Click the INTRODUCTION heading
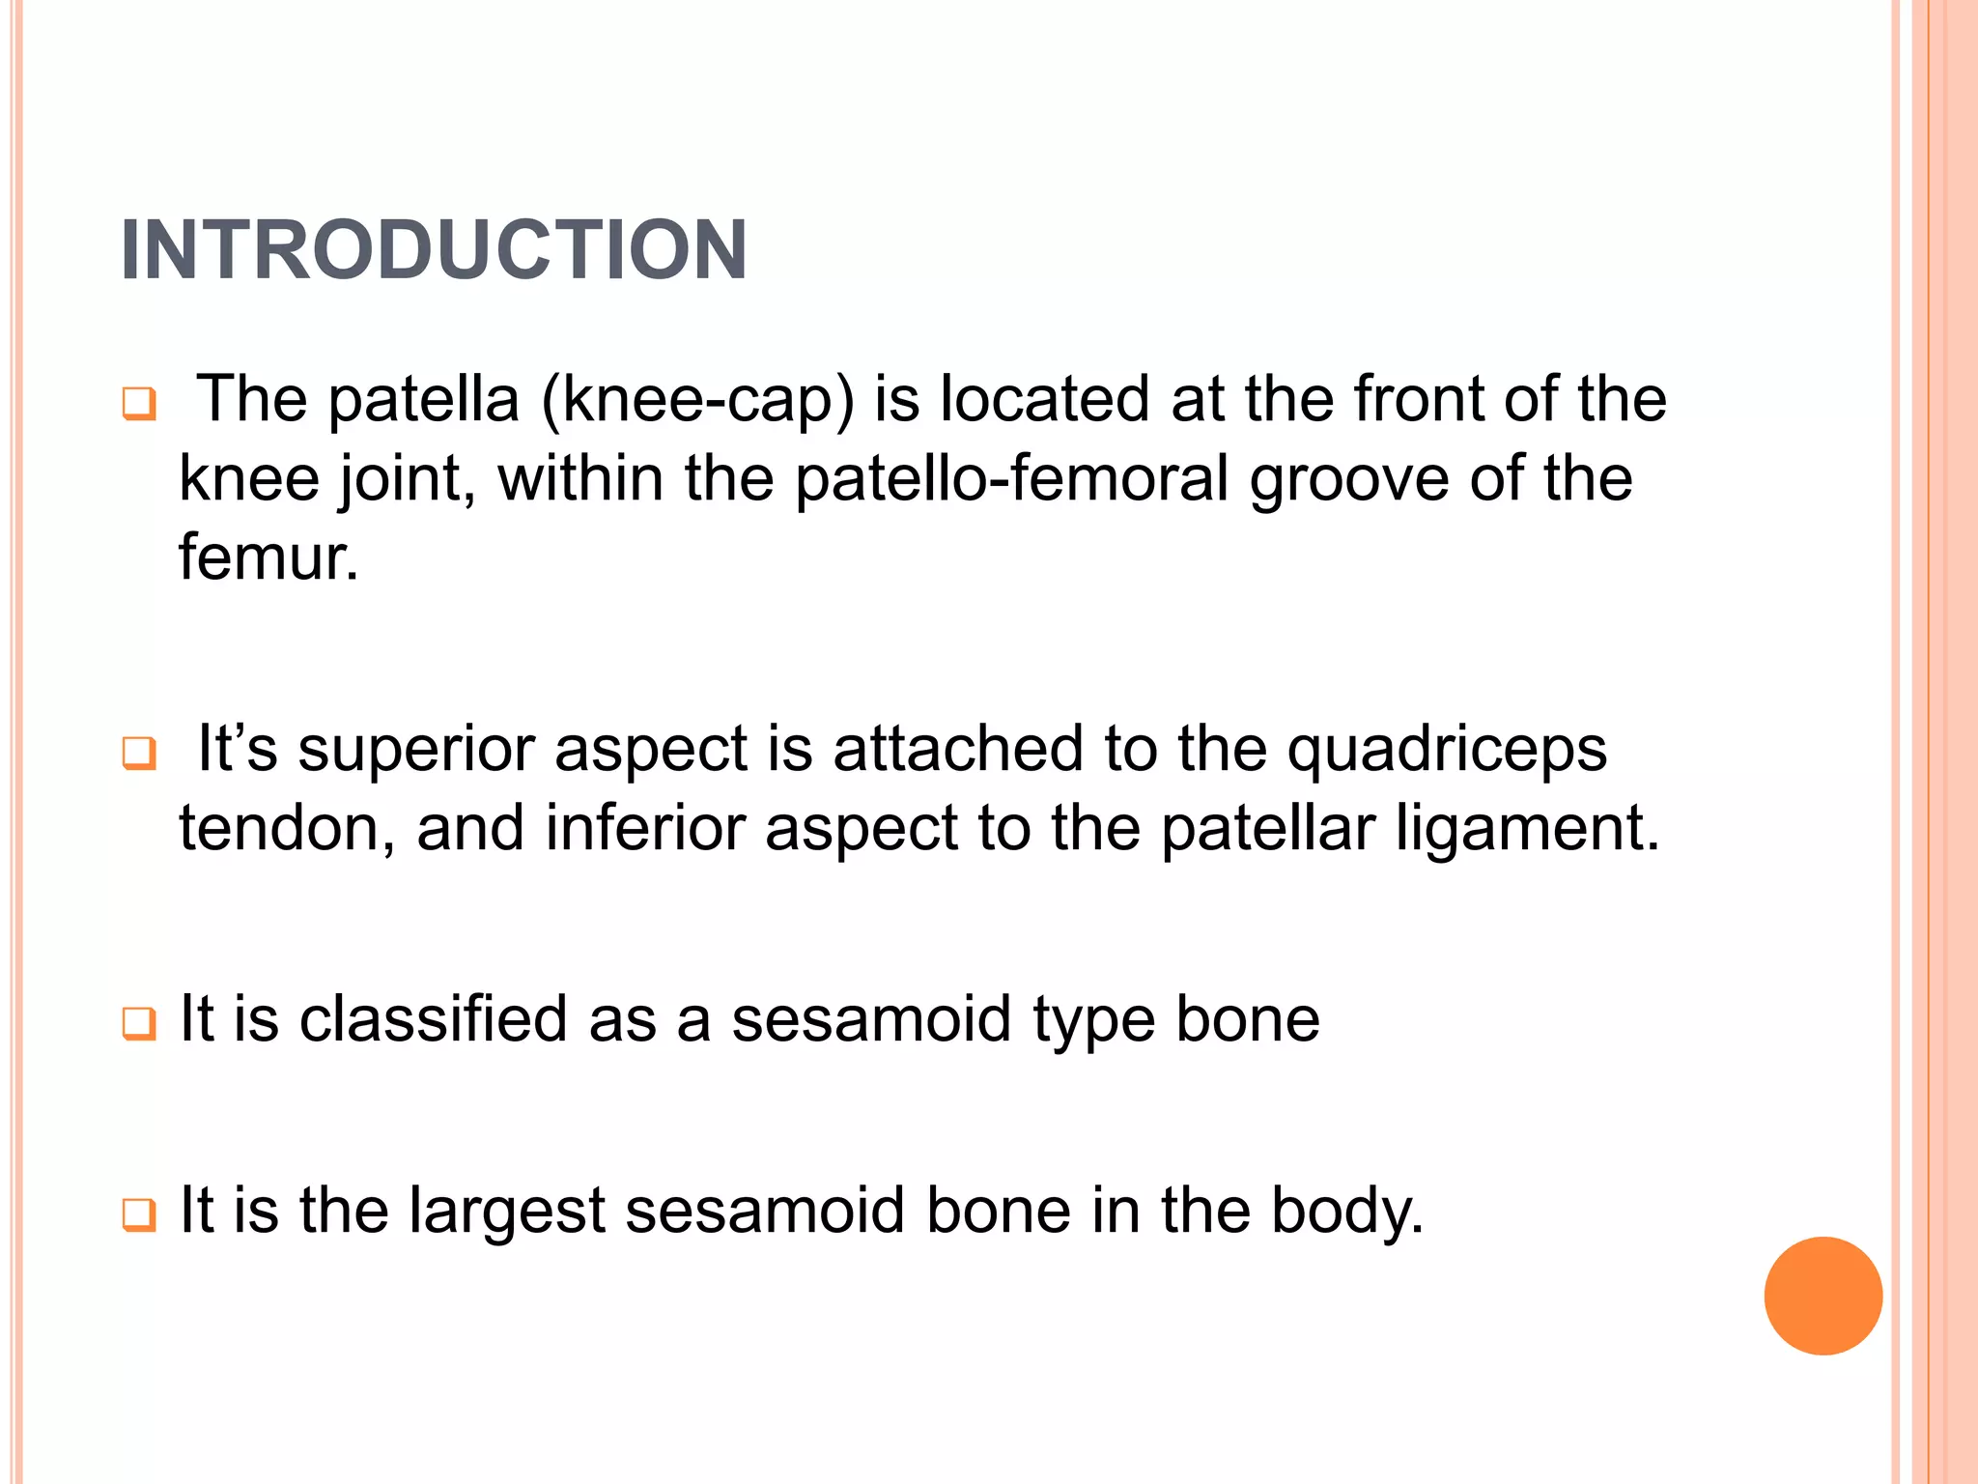tap(434, 250)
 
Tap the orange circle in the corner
tap(1823, 1296)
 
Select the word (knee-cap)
tap(698, 400)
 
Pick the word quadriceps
tap(1447, 750)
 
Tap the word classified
tap(433, 1019)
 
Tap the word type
tap(1093, 1021)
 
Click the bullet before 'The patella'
tap(139, 403)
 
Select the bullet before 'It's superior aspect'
tap(139, 753)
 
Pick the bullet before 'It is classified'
tap(139, 1023)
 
